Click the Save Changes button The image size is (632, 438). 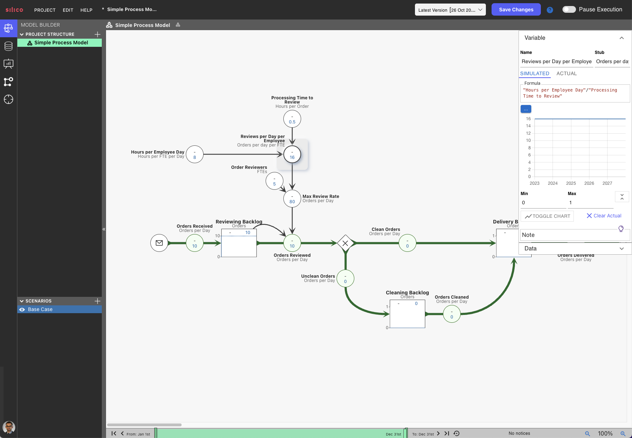[516, 10]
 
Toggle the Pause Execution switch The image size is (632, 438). [569, 10]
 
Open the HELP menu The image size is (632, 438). [86, 10]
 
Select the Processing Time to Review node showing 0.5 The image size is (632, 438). [292, 119]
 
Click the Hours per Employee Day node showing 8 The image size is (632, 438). [195, 154]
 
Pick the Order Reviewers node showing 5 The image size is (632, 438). [274, 181]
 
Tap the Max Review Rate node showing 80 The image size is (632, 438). [292, 199]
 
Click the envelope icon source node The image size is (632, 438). [159, 243]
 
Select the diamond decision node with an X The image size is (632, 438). [345, 243]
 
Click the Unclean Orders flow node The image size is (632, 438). [345, 278]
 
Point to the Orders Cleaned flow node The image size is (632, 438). [451, 314]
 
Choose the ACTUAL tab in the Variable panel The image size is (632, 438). [566, 73]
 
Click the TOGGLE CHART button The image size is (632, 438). [547, 216]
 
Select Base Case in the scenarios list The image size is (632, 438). [40, 309]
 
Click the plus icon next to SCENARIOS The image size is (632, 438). [98, 301]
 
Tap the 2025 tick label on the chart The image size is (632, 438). [571, 183]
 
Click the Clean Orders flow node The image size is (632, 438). [407, 243]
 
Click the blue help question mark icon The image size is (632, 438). [550, 10]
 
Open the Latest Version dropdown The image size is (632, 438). [450, 10]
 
